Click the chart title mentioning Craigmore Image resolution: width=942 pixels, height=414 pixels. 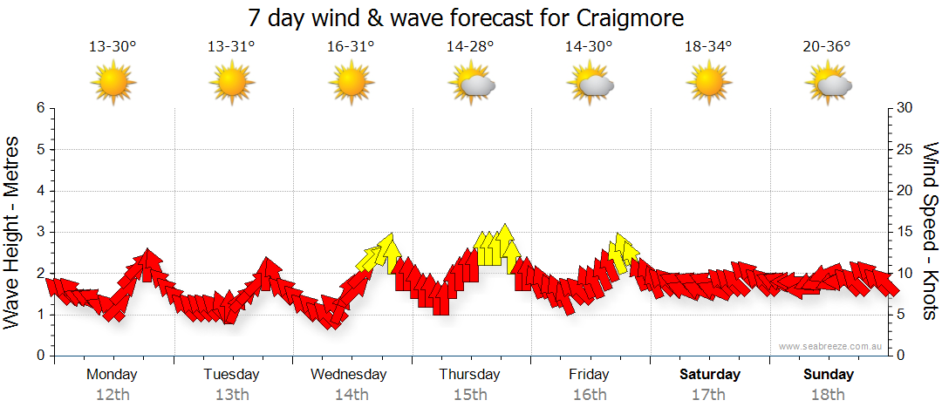[x=466, y=18]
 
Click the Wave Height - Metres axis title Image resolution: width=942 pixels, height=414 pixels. [x=13, y=232]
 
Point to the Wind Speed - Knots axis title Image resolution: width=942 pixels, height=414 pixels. [x=929, y=232]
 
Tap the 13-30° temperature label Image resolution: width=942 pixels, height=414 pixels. [x=113, y=47]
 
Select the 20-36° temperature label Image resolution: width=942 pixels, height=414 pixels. [x=827, y=47]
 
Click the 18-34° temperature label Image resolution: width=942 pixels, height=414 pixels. [x=708, y=47]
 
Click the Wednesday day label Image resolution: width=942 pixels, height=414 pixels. [x=349, y=375]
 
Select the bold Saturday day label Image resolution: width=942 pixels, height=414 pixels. [x=710, y=375]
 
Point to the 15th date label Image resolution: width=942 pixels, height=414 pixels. [x=470, y=395]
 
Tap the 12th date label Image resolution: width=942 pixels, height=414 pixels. [x=113, y=395]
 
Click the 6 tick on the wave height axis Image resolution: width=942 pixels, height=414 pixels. [x=40, y=108]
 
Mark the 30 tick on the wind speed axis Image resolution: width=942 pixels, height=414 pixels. [x=904, y=108]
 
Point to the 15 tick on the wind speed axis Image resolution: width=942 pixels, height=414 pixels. [x=904, y=232]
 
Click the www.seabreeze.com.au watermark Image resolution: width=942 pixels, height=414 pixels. [x=832, y=346]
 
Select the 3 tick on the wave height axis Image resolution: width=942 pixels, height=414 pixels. [x=40, y=232]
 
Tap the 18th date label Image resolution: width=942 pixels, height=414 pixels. [x=828, y=395]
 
